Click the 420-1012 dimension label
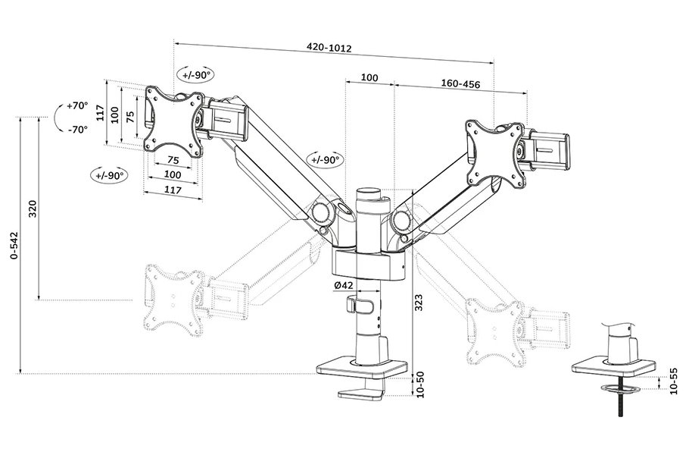tap(329, 48)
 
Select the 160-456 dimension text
tap(460, 84)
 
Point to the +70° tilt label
tap(77, 105)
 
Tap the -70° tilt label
tap(77, 129)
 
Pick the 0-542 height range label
tap(11, 247)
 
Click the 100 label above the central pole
tap(369, 77)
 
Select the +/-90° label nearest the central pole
tap(325, 159)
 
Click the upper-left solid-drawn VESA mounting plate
tap(175, 120)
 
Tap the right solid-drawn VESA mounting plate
tap(496, 151)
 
